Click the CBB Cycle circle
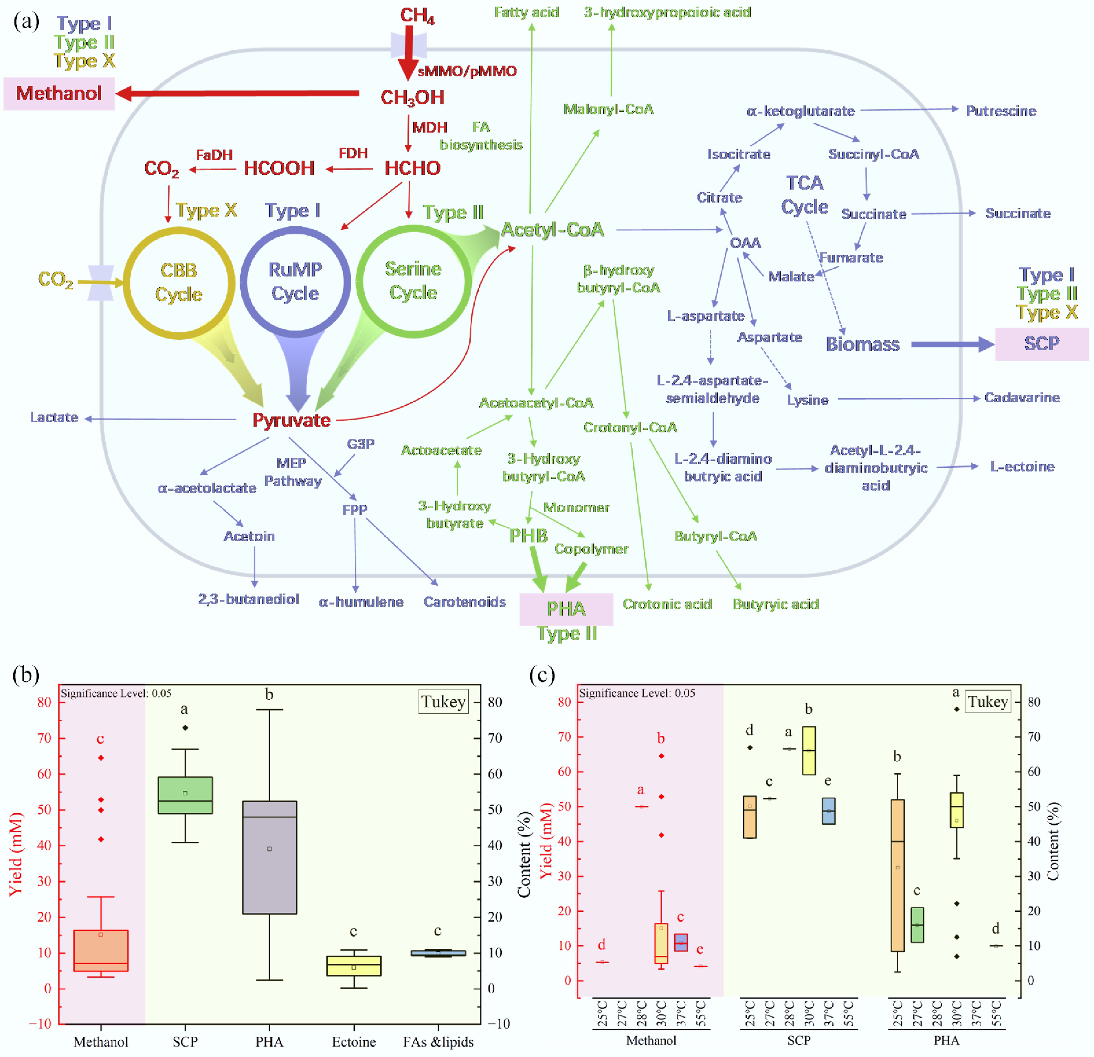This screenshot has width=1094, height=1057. point(179,282)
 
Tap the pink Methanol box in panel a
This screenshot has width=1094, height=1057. point(59,93)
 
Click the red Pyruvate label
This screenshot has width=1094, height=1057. point(291,420)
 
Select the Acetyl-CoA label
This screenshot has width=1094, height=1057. point(552,229)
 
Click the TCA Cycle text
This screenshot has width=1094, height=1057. point(804,195)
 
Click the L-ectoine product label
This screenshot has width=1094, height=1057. point(1022,467)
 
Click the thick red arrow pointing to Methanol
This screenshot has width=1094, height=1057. point(240,93)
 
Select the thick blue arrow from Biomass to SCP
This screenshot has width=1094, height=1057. point(952,344)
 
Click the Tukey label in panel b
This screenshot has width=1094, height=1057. point(443,702)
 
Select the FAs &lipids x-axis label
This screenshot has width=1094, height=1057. point(438,1041)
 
